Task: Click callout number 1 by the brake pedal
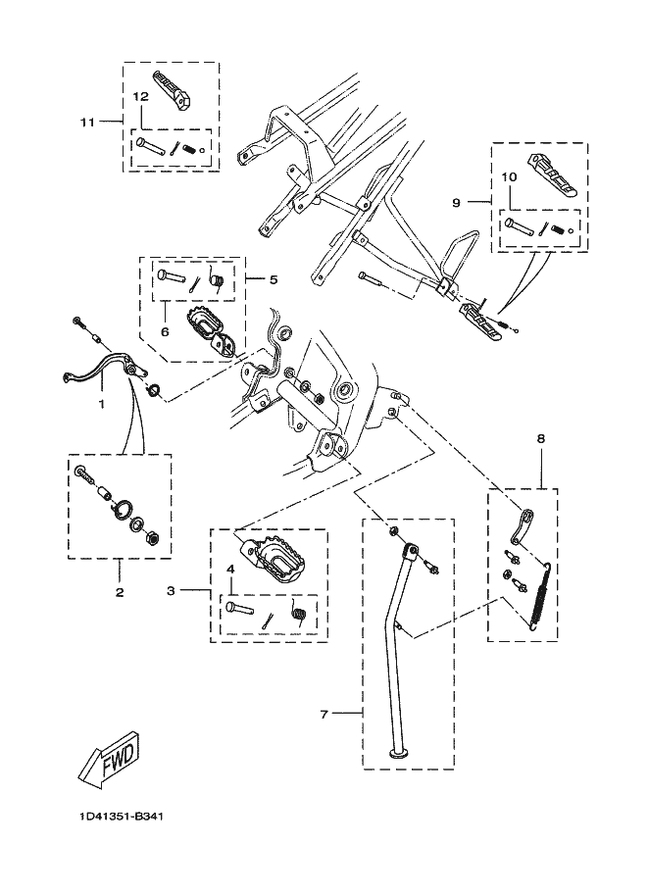pos(100,403)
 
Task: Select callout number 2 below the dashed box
pos(120,592)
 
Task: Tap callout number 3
pos(170,591)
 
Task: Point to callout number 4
pos(230,569)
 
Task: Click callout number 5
pos(274,279)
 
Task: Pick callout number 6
pos(165,331)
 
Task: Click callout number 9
pos(456,202)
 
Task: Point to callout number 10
pos(508,177)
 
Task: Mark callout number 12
pos(140,96)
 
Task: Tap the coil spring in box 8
pos(538,599)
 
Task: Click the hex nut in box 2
pos(152,538)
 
